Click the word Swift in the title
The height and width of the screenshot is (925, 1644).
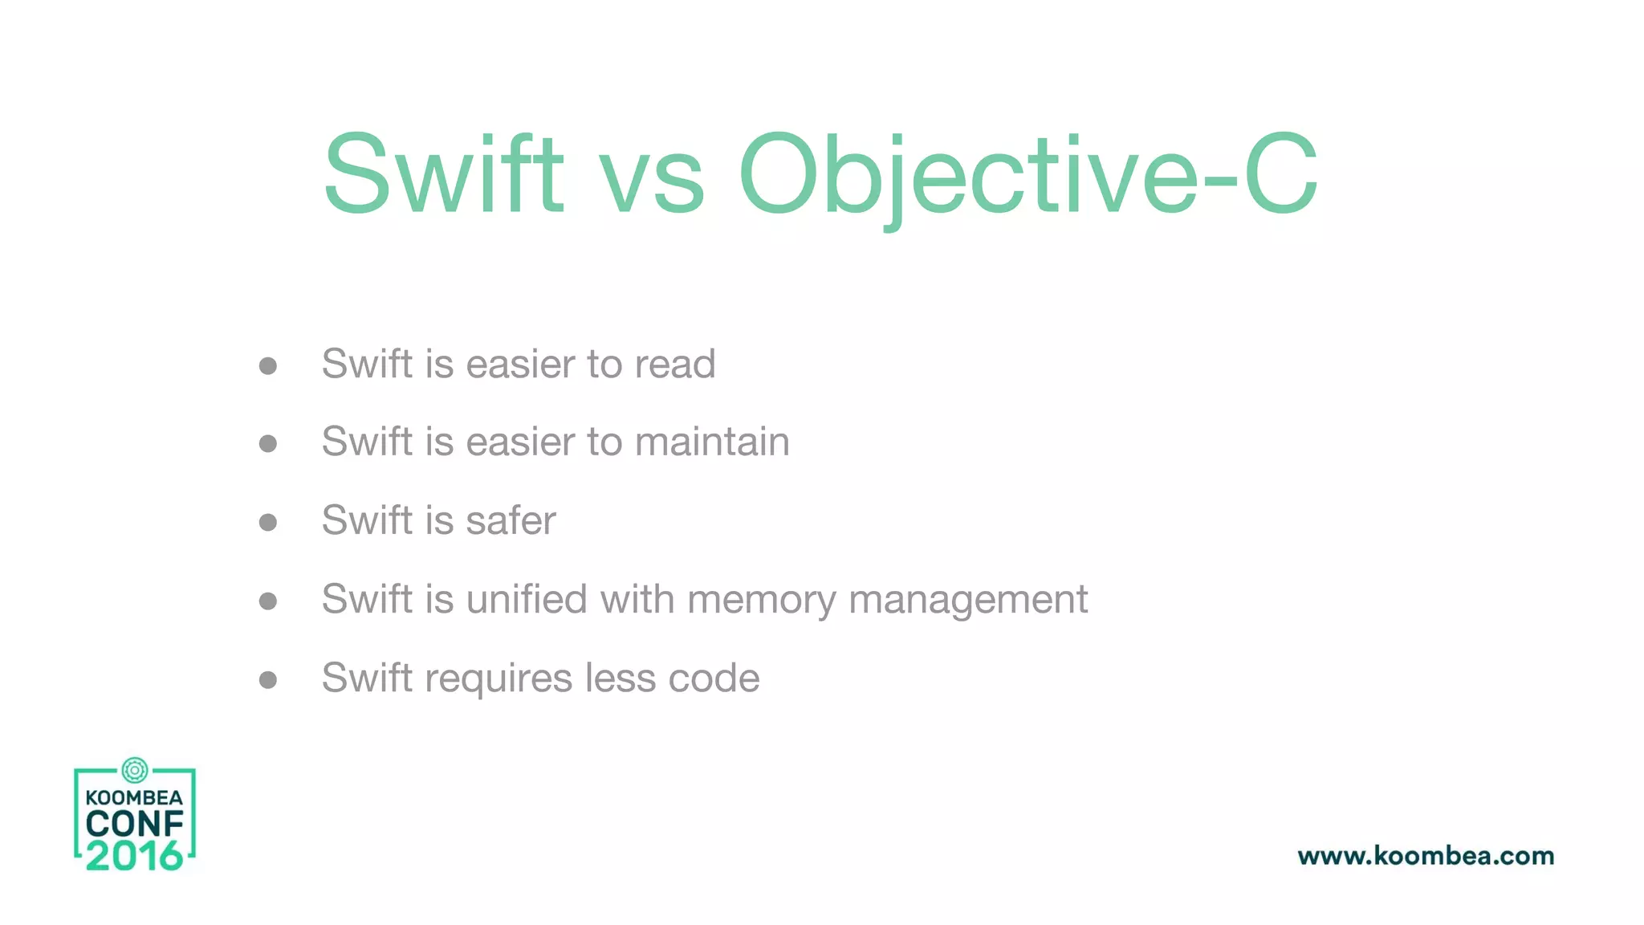point(444,174)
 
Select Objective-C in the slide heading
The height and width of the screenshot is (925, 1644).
point(1028,174)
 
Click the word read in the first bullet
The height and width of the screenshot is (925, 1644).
point(675,364)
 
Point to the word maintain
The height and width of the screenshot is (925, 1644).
point(712,442)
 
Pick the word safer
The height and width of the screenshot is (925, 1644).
point(511,520)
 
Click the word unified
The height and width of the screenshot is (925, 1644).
point(527,599)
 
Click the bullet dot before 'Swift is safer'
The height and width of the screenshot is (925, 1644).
point(268,523)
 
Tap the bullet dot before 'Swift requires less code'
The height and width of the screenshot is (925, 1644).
point(268,680)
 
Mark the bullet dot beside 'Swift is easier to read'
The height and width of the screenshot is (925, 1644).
point(268,366)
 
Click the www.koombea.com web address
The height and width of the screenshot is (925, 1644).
point(1426,856)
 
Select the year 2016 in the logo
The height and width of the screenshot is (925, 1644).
point(134,856)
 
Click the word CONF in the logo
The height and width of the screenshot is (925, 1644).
point(135,824)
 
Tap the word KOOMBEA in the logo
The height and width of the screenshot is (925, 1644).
point(134,797)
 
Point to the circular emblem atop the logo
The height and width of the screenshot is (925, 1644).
point(135,770)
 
